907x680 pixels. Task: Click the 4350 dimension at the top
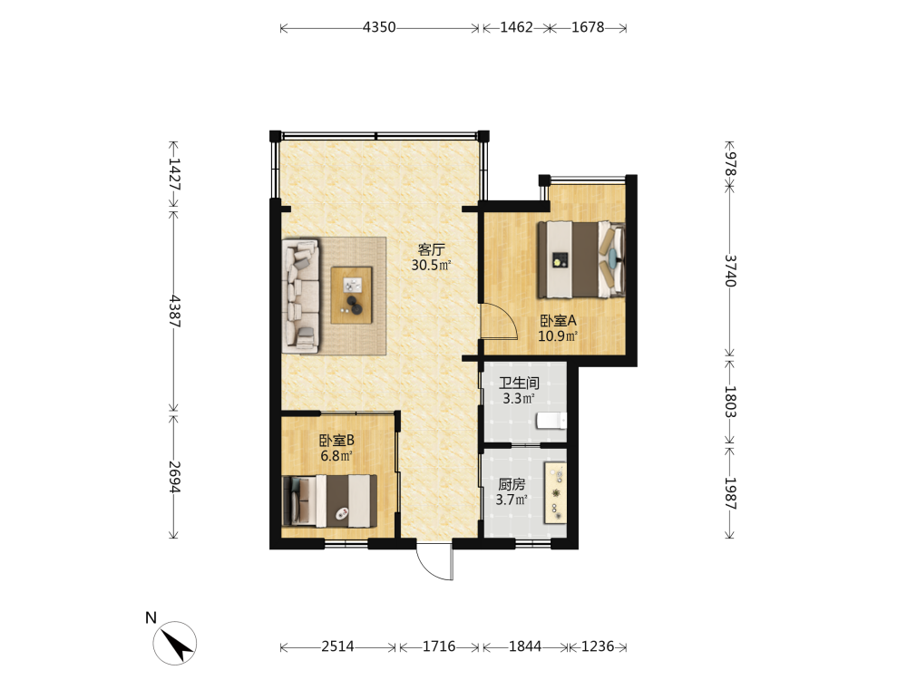point(379,27)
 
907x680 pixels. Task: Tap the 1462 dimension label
point(516,27)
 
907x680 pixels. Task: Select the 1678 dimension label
point(588,27)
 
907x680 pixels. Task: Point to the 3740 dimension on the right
point(730,270)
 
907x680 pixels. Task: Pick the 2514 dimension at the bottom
point(337,646)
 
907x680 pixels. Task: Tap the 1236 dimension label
point(598,646)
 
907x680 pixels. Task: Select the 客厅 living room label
point(431,250)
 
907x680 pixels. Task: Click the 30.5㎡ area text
point(431,266)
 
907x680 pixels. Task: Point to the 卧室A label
point(558,320)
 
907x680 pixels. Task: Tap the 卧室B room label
point(336,440)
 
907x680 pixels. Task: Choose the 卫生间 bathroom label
point(519,383)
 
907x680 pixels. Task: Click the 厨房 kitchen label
point(512,484)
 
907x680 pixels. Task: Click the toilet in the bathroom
point(551,421)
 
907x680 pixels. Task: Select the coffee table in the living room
point(351,295)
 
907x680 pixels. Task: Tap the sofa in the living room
point(301,296)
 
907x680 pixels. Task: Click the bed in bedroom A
point(581,259)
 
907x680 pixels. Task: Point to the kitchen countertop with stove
point(555,493)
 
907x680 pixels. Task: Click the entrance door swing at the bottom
point(434,561)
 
